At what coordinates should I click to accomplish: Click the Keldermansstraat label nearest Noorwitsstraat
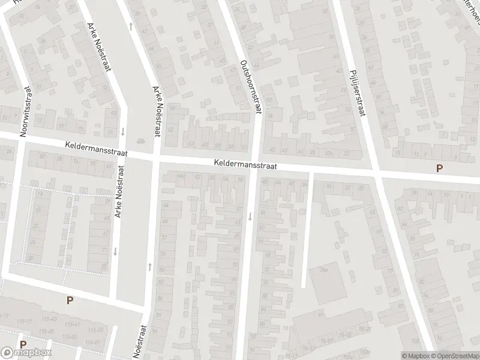(96, 148)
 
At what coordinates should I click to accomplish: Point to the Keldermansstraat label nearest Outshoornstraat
(245, 164)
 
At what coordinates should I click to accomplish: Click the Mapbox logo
(26, 353)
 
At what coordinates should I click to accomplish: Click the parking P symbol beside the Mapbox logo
(23, 345)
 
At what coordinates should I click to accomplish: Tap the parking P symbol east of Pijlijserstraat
(440, 169)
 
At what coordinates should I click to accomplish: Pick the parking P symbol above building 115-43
(70, 301)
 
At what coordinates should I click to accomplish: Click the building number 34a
(324, 269)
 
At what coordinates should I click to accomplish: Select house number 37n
(328, 154)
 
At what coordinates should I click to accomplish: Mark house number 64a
(180, 175)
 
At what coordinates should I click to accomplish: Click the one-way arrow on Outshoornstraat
(250, 216)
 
